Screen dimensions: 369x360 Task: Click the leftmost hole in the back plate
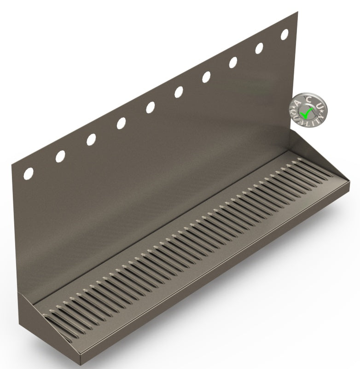pos(29,173)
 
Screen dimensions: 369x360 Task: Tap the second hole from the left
pos(60,156)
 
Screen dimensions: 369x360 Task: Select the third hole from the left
pos(91,139)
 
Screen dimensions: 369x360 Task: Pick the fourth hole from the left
pos(121,123)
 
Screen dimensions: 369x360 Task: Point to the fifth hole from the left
pos(151,107)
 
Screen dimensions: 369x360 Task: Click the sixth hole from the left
pos(179,92)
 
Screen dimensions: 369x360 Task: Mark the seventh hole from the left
pos(206,77)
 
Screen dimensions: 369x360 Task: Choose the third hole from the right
pos(233,62)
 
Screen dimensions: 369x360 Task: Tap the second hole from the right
pos(259,48)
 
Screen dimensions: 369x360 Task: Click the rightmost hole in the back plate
pos(285,35)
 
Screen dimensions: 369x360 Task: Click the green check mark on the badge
pos(305,111)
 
